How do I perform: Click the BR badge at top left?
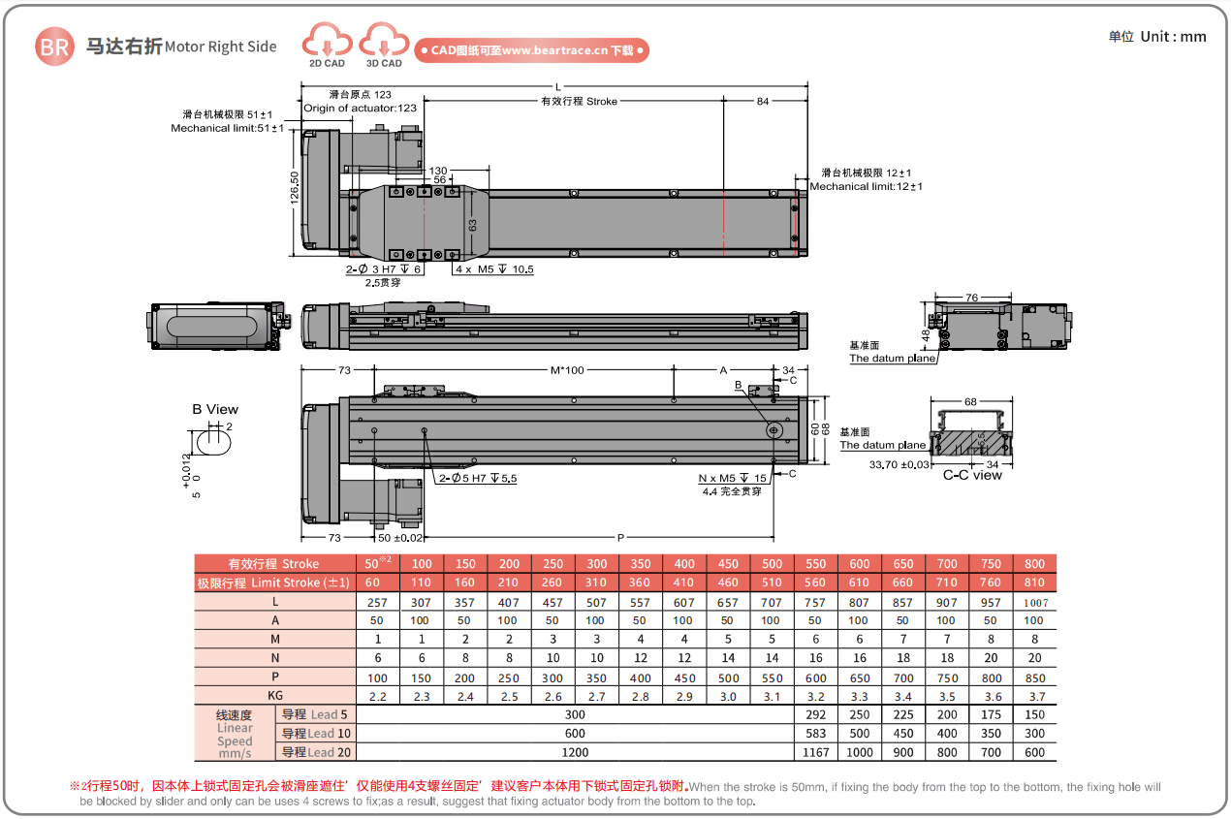tap(54, 46)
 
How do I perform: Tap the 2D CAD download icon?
tap(327, 45)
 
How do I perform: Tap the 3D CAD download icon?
tap(384, 45)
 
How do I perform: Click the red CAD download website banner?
tap(531, 50)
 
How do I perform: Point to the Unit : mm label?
tap(1157, 36)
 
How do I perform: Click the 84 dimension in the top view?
tap(763, 101)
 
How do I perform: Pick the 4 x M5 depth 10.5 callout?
tap(494, 269)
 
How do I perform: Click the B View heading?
tap(214, 409)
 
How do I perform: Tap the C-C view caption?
tap(972, 475)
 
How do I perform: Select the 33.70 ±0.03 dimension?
tap(900, 464)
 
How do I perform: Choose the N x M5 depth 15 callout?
tap(732, 478)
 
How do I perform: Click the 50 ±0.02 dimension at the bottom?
tap(400, 537)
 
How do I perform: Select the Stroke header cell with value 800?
tap(1034, 563)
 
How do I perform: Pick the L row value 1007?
tap(1034, 602)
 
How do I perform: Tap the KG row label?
tap(275, 696)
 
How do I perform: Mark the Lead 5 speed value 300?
tap(575, 714)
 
